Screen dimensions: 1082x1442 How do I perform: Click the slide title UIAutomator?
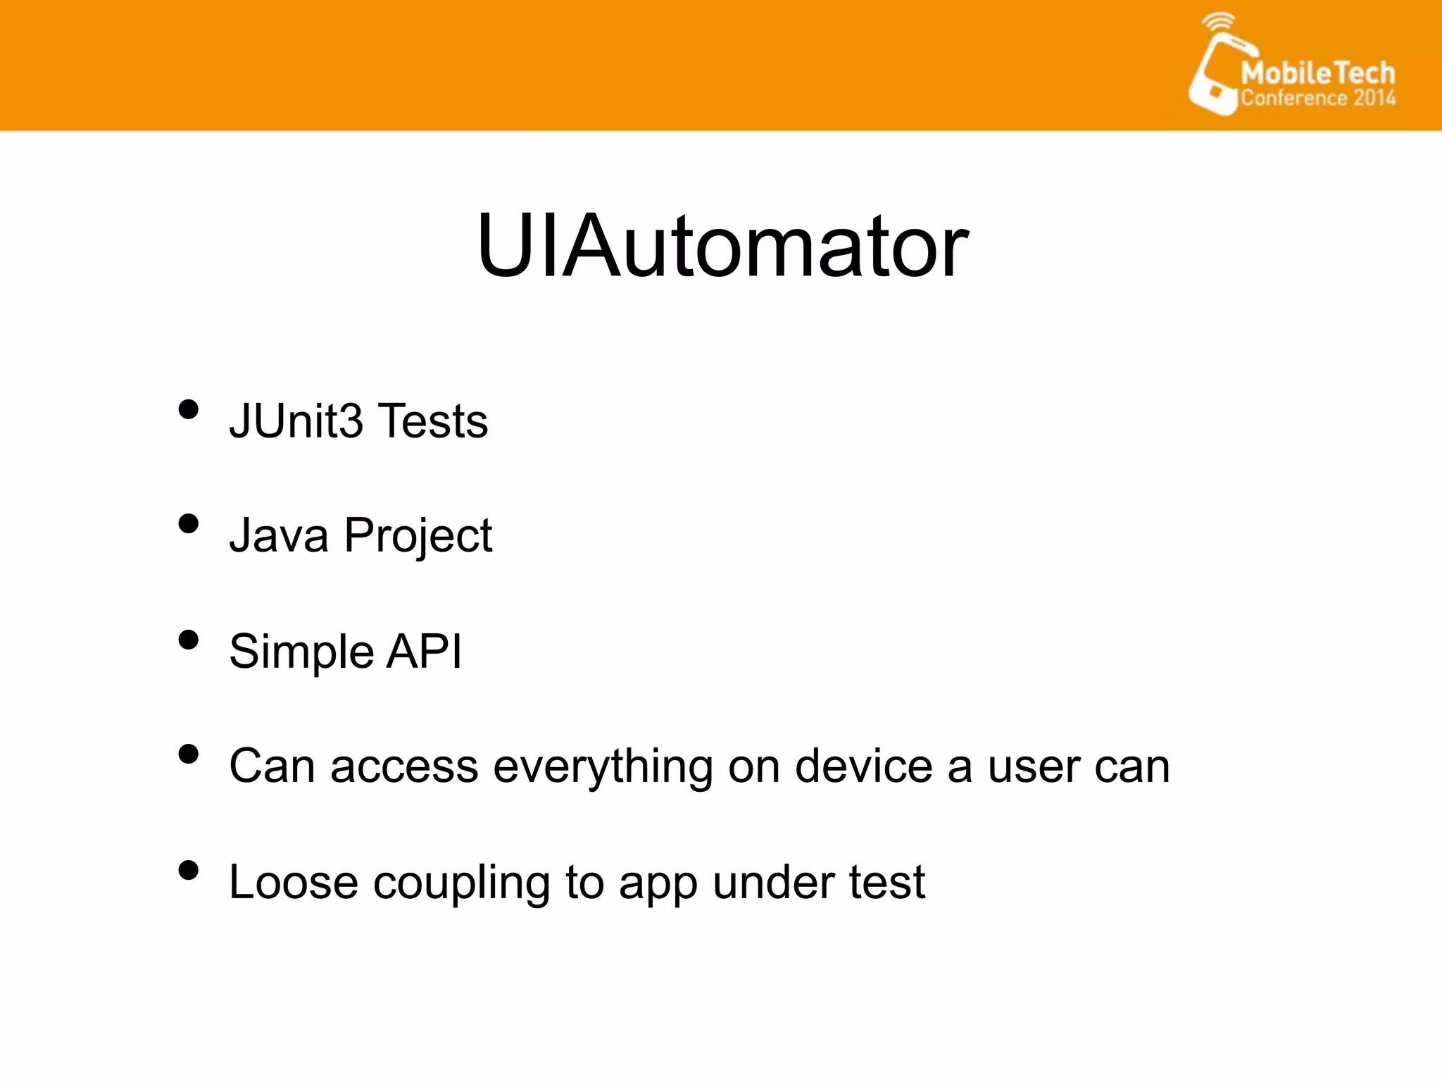(722, 247)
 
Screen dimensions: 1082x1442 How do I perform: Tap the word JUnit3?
(296, 421)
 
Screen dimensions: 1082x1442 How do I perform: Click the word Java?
(279, 535)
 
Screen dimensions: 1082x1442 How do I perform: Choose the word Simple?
(301, 652)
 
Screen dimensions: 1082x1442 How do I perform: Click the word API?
(425, 651)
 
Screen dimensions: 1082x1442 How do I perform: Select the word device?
(864, 766)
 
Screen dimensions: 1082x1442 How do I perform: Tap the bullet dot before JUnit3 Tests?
(188, 409)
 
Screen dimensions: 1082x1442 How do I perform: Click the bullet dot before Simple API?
(188, 640)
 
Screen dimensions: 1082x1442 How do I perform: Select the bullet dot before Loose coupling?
(188, 870)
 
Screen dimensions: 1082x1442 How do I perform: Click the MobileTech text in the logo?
(1317, 73)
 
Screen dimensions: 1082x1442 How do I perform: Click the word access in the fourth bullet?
(404, 767)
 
